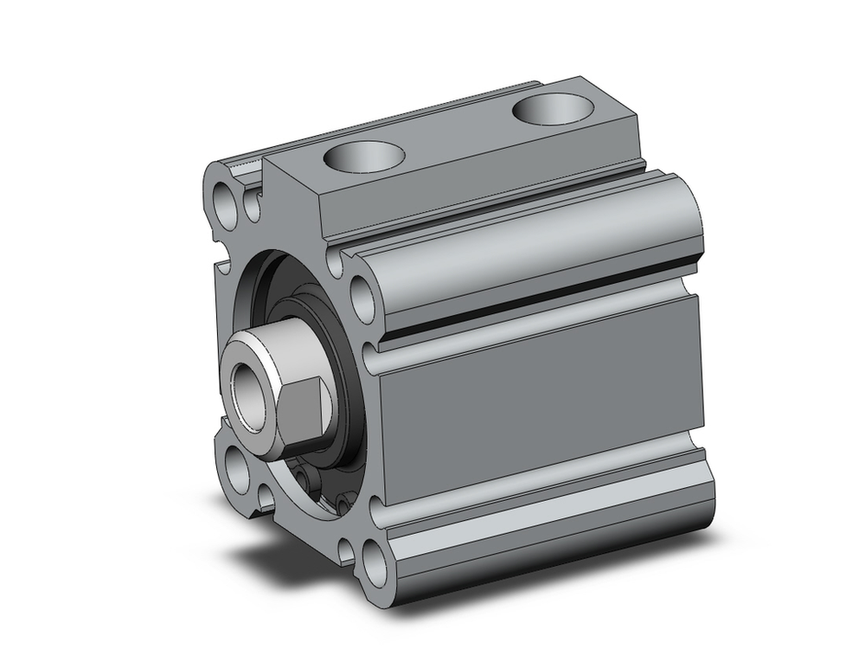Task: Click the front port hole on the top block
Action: [363, 158]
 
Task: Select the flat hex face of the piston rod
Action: [308, 407]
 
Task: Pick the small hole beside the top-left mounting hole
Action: [252, 206]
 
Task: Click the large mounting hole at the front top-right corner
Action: [363, 295]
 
